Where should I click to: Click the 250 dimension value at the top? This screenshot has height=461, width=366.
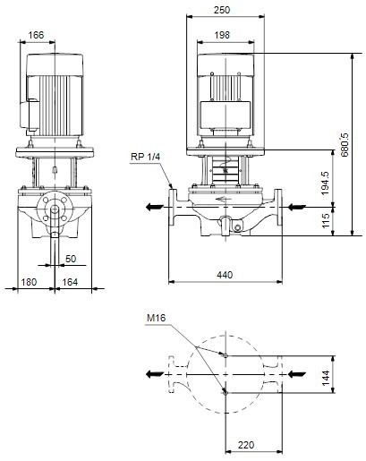(x=222, y=10)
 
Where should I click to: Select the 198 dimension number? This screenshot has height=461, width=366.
(x=222, y=35)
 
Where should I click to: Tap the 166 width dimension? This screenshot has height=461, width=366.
(x=36, y=35)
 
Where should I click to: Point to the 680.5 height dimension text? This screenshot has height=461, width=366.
(x=345, y=145)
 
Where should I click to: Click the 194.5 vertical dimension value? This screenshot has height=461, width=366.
(x=325, y=183)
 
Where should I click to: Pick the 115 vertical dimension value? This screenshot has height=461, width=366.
(x=326, y=220)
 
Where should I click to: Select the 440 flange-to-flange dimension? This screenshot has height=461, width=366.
(x=225, y=275)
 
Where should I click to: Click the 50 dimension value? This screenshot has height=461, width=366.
(x=71, y=259)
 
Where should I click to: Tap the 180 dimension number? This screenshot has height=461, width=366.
(x=29, y=282)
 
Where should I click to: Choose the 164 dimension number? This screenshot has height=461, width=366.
(x=70, y=282)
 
